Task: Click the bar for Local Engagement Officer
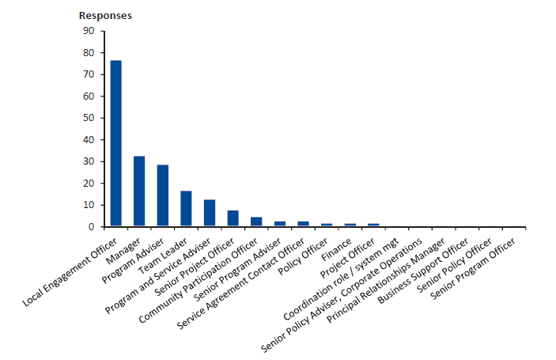(x=115, y=143)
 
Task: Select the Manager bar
(x=139, y=191)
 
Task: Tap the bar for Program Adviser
(x=163, y=195)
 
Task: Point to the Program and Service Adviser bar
(x=210, y=213)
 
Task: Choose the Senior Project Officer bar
(x=233, y=218)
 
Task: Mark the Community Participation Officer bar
(x=256, y=222)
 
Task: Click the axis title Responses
(x=105, y=16)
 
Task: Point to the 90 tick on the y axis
(x=88, y=31)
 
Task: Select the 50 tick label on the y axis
(x=88, y=118)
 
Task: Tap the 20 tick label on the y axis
(x=88, y=183)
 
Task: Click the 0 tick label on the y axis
(x=91, y=226)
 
